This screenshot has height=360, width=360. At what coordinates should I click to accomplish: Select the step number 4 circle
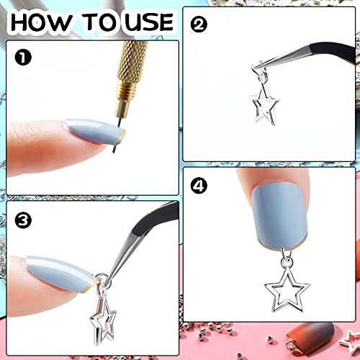pyautogui.click(x=198, y=186)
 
